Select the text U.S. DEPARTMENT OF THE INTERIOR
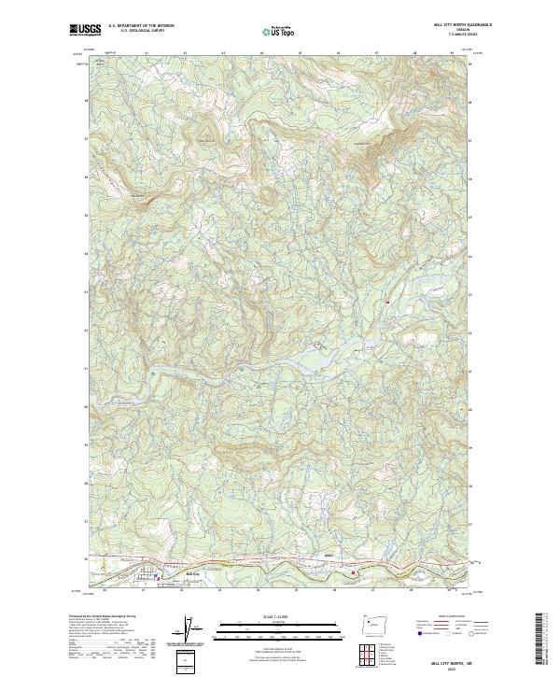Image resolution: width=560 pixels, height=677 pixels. (x=142, y=26)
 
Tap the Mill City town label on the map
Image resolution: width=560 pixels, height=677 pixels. (x=194, y=573)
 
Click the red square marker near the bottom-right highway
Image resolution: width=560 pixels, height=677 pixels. (x=354, y=572)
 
